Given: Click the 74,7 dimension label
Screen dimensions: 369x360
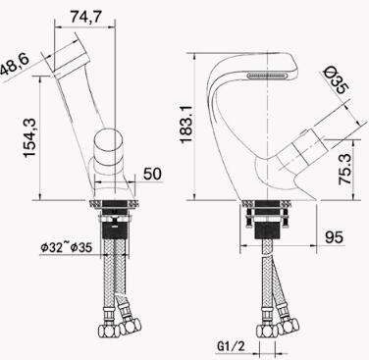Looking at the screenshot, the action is (x=86, y=17).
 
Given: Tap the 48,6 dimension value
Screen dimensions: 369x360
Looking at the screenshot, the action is (x=15, y=66).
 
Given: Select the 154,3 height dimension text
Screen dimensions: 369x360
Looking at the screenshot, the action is (x=30, y=138).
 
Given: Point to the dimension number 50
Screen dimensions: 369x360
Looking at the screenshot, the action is (x=152, y=174).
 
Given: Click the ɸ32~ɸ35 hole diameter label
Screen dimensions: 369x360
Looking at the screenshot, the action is (x=67, y=247).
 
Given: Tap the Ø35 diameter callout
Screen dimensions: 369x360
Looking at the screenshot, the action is (x=337, y=79).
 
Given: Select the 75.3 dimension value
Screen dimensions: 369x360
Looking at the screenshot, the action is (x=345, y=170).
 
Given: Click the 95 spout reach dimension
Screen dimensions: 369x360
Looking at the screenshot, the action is (x=335, y=237).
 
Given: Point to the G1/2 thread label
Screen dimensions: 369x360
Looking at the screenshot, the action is (x=231, y=346).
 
